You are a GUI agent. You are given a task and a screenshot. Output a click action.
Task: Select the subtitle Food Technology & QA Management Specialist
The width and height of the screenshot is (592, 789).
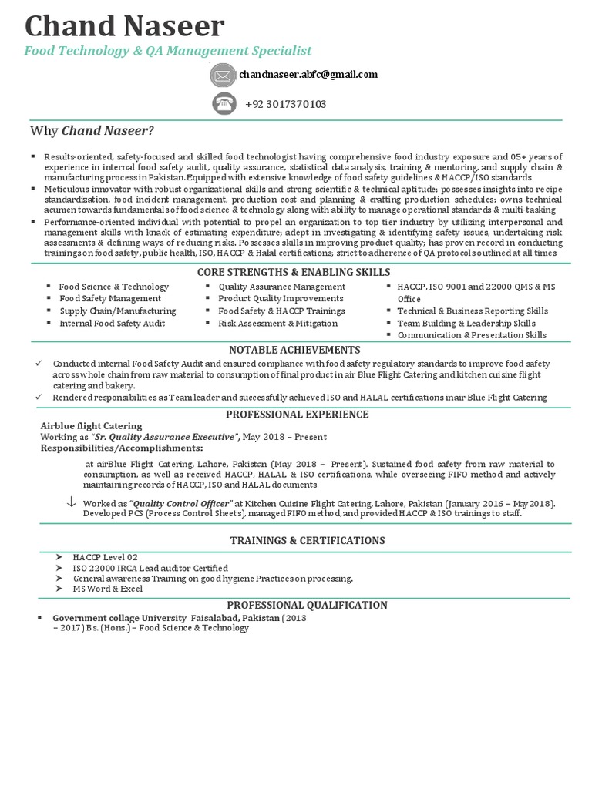click(168, 51)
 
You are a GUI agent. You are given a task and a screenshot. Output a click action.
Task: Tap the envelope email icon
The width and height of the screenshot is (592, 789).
click(222, 76)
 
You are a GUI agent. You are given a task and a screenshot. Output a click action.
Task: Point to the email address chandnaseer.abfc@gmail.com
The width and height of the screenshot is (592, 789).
click(308, 75)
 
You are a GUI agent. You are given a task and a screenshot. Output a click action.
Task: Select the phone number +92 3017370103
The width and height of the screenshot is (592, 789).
click(285, 104)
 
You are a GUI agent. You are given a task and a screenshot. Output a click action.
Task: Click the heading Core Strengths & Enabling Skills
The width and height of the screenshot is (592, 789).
click(294, 272)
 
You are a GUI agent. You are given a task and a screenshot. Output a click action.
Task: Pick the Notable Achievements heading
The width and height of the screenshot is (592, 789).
click(295, 350)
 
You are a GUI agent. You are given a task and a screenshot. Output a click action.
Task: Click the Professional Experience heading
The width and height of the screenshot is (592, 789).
click(295, 415)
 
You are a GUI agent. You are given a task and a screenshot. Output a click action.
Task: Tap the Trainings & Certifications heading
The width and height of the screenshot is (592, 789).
click(296, 540)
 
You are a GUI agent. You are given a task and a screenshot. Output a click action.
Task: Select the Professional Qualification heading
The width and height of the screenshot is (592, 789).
click(296, 605)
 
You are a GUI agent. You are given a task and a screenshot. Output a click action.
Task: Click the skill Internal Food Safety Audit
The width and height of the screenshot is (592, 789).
click(113, 324)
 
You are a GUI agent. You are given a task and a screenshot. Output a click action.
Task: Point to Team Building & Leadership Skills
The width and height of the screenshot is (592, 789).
click(466, 324)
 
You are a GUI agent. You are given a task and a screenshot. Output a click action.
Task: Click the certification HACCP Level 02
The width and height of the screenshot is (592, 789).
click(106, 556)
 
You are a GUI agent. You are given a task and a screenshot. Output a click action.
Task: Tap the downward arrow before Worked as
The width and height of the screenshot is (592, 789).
click(72, 502)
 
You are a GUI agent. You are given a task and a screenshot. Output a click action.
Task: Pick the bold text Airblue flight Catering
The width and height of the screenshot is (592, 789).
click(91, 426)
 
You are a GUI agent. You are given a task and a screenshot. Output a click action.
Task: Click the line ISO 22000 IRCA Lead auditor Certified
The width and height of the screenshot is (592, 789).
click(150, 567)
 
